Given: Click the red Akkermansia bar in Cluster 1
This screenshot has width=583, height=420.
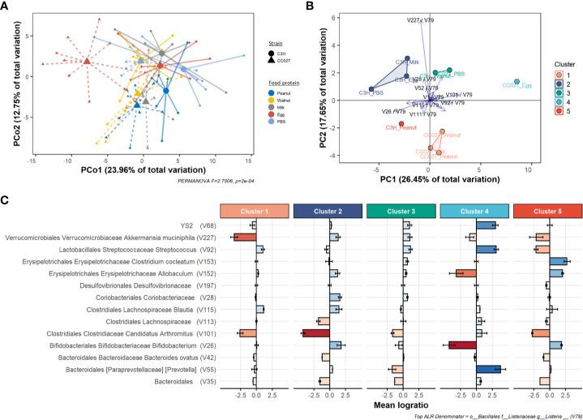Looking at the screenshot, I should [x=245, y=237].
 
